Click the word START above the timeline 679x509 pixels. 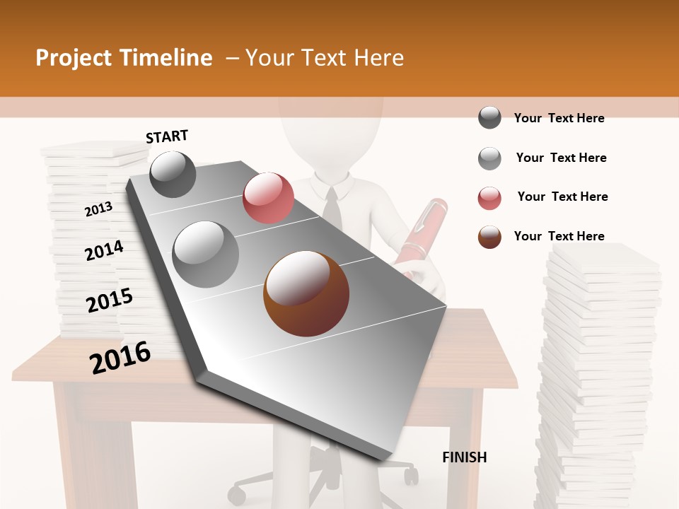point(167,136)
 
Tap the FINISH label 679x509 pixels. point(465,457)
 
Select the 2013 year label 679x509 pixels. point(98,209)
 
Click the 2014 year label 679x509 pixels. point(104,250)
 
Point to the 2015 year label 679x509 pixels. point(110,300)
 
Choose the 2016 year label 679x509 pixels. point(120,357)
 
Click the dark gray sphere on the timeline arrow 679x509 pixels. point(173,174)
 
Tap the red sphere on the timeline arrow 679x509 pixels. point(268,197)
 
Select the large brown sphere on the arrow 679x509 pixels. point(306,293)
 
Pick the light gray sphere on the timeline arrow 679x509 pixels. point(206,254)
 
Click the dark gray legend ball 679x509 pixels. point(489,118)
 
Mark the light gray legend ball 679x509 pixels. point(489,158)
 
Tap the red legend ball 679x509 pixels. point(489,198)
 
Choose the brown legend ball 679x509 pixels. point(489,237)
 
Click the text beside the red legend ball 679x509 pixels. point(562,197)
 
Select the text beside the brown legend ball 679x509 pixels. point(559,236)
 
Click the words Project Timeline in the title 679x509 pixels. point(124,58)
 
